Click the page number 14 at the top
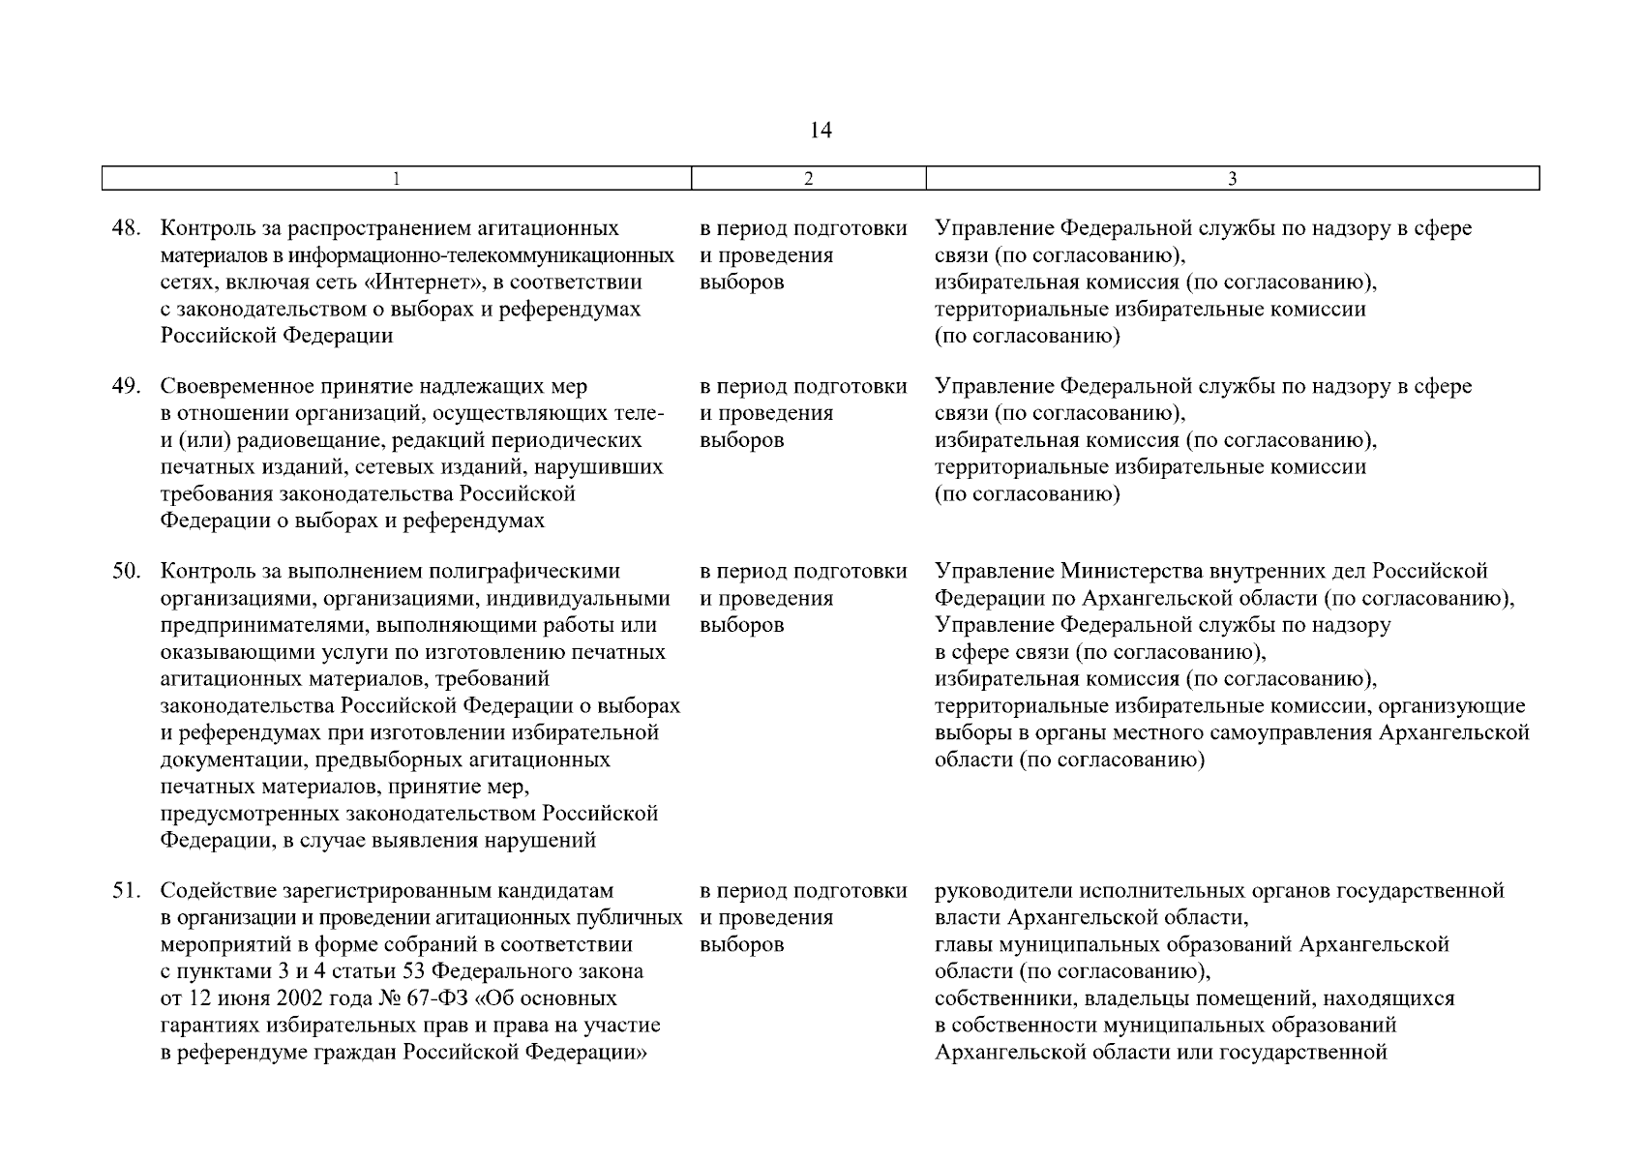[x=821, y=131]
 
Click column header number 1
[x=398, y=179]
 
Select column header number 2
[x=809, y=179]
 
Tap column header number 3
[x=1232, y=179]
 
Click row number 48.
[x=126, y=229]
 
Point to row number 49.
[x=126, y=387]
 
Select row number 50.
[x=126, y=572]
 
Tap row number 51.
[x=126, y=890]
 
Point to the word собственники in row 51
[x=1001, y=998]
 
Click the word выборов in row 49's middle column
[x=741, y=441]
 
